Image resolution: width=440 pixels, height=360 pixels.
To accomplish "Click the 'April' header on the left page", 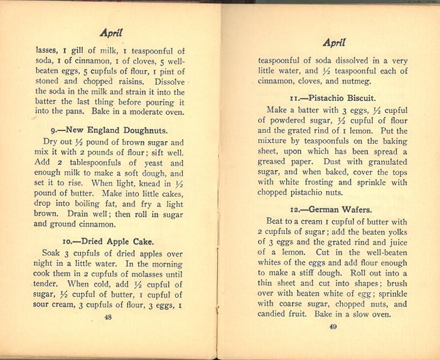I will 111,33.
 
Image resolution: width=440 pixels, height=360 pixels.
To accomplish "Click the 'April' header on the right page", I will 334,43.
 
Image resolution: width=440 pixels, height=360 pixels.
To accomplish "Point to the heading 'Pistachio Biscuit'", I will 333,98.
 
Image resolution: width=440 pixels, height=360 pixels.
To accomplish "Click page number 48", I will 108,317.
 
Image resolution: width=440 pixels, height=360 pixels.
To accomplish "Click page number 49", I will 333,326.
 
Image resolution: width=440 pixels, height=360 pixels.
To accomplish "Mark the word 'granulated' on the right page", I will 385,161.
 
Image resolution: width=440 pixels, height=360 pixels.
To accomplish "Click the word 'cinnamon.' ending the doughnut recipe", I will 95,224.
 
